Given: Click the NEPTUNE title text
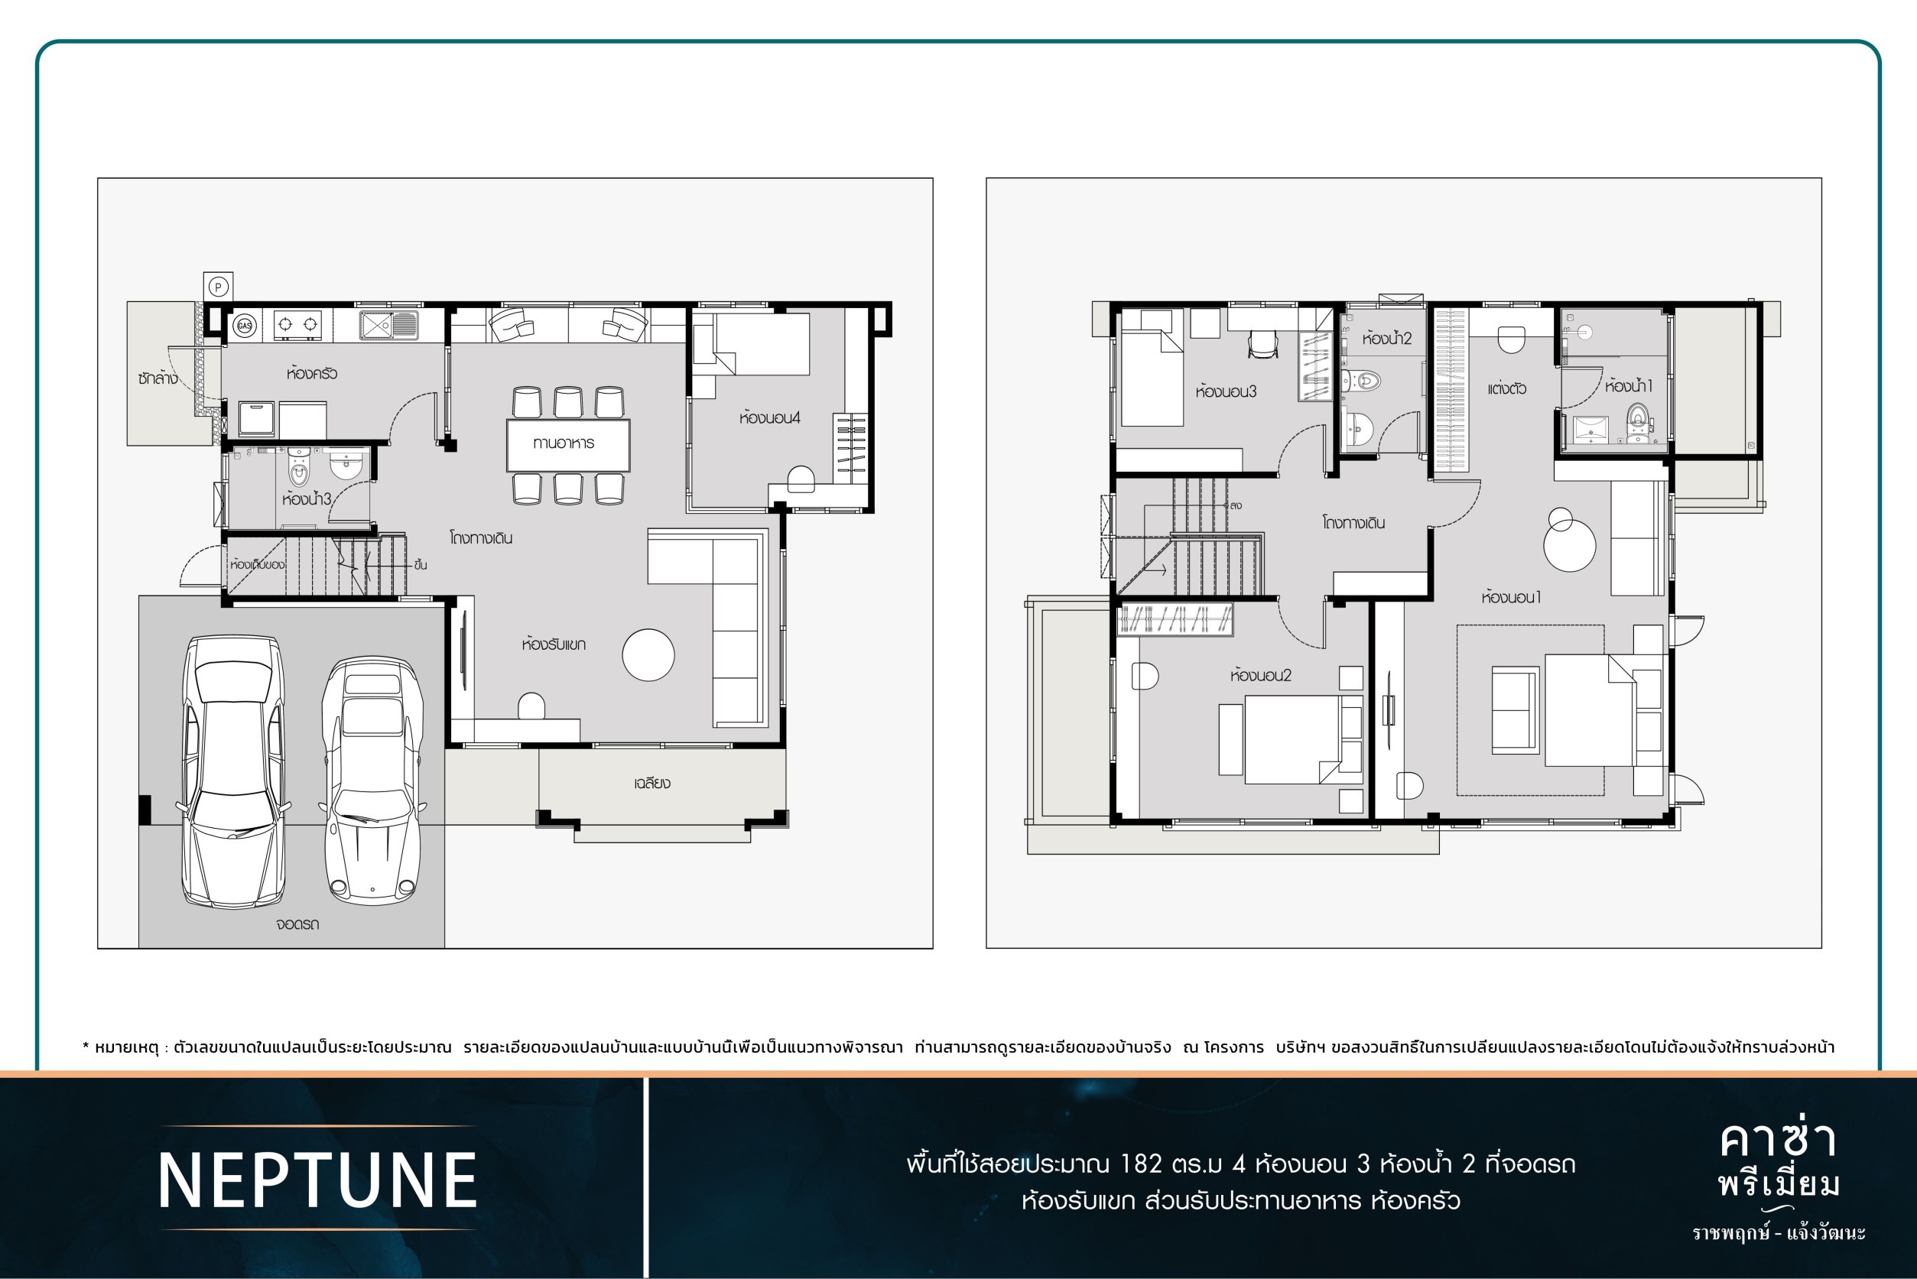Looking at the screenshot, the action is pos(317,1180).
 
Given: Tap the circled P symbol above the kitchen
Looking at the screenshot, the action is pos(218,287).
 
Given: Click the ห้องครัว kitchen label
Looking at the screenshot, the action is pos(312,374).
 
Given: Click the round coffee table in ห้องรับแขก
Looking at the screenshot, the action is pos(648,654).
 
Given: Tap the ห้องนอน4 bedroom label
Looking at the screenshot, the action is pos(770,417).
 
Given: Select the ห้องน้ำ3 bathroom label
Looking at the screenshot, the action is pos(307,498).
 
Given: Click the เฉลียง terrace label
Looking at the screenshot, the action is pos(652,783).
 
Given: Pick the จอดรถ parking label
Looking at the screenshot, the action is pos(297,924).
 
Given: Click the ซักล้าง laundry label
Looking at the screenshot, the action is pos(158,378).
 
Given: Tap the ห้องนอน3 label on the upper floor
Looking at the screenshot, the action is pos(1226,391).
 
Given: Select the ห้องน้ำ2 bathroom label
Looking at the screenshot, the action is pos(1387,338).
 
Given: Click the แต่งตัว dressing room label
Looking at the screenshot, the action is pos(1506,389).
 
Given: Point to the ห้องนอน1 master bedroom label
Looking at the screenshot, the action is pos(1511,597).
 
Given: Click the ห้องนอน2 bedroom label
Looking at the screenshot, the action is pos(1261,675).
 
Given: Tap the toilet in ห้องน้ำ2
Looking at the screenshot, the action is pos(1360,380).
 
